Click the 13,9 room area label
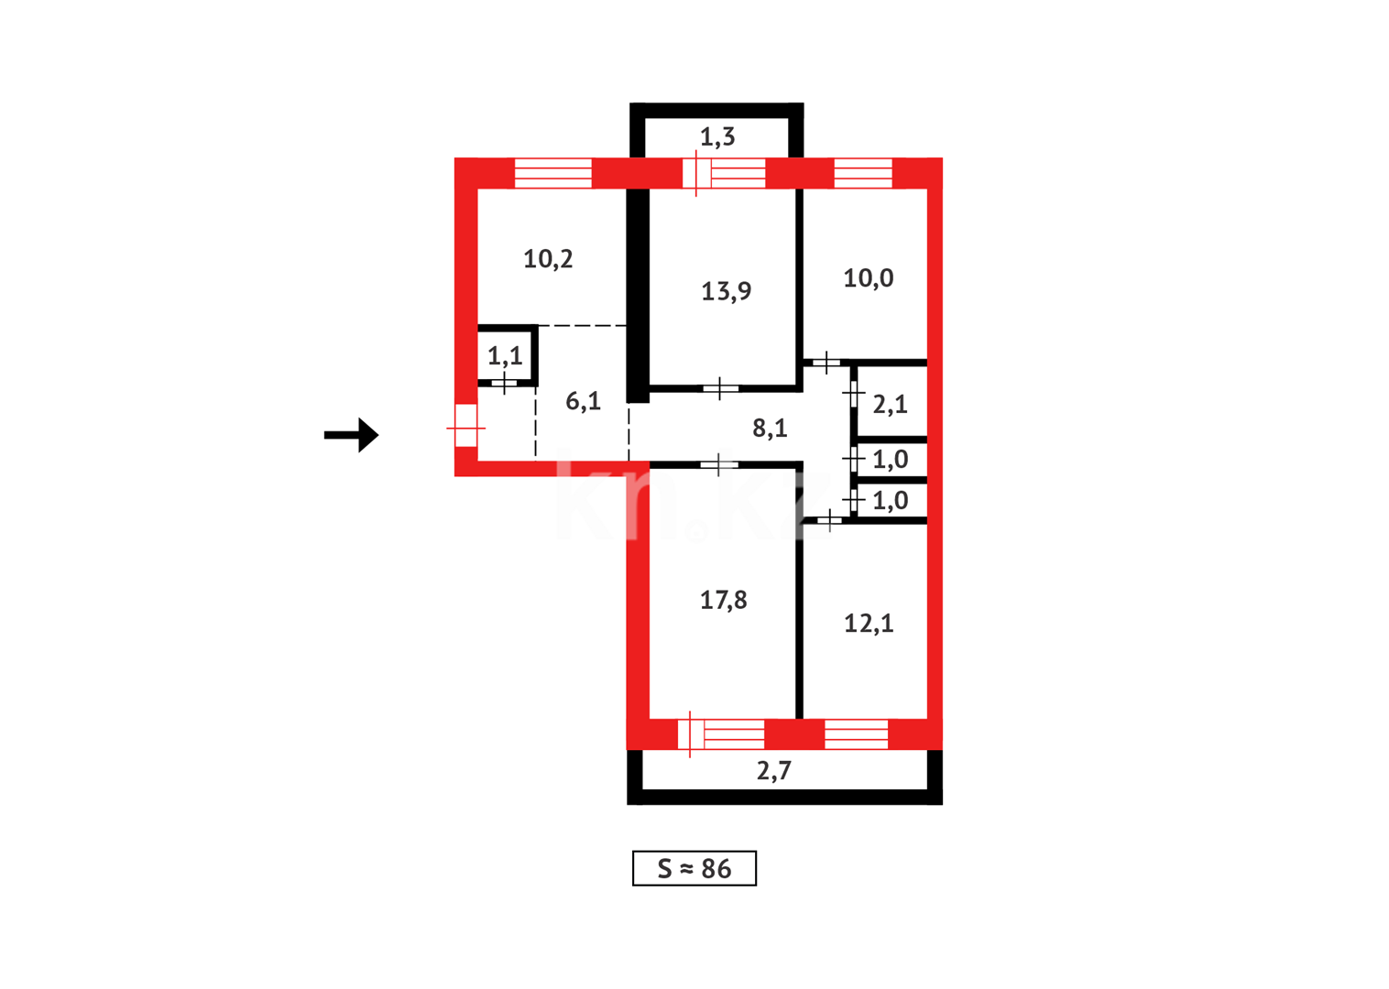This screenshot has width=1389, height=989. click(x=726, y=291)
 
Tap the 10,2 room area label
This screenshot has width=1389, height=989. click(x=548, y=259)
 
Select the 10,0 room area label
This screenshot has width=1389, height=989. click(x=868, y=278)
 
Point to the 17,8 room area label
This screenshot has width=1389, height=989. click(x=723, y=600)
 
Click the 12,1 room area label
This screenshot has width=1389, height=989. click(x=868, y=624)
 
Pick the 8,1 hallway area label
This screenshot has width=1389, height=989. click(x=769, y=428)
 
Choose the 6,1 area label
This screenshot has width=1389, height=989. click(x=583, y=401)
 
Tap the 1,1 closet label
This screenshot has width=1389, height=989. click(x=505, y=355)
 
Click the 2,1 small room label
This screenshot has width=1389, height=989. click(x=890, y=404)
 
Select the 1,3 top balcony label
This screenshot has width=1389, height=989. click(x=716, y=137)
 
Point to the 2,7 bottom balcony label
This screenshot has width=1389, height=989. click(x=773, y=771)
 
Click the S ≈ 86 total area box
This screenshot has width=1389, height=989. click(x=694, y=868)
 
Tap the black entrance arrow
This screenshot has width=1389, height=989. click(x=352, y=435)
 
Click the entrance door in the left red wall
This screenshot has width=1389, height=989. click(x=465, y=427)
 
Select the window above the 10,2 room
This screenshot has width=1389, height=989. click(x=552, y=173)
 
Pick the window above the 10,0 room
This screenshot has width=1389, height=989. click(x=862, y=173)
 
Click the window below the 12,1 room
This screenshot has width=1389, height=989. click(x=856, y=734)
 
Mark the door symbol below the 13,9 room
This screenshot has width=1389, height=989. click(x=720, y=389)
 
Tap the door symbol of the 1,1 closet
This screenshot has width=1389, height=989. click(x=504, y=382)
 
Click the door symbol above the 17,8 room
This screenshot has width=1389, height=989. click(x=718, y=465)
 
